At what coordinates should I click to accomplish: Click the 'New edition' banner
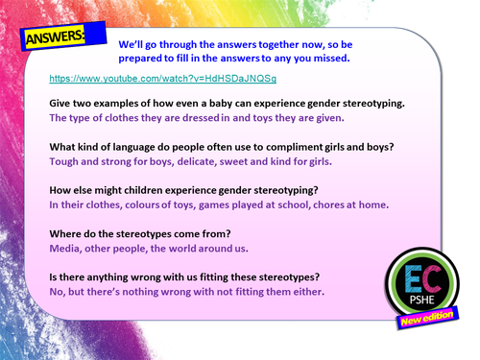pyautogui.click(x=432, y=325)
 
